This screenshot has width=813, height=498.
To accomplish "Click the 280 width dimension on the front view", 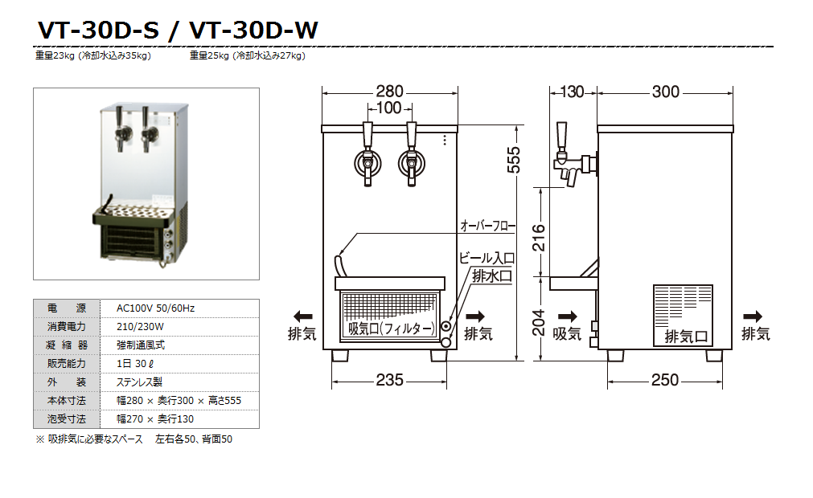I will tap(389, 92).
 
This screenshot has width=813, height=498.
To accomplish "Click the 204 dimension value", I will tap(539, 323).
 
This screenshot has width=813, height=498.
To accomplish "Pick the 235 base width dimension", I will tap(389, 380).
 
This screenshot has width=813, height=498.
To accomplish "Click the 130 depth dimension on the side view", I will tap(571, 92).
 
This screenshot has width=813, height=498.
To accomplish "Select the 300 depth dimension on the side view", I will tap(666, 92).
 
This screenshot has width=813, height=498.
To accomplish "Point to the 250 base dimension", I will tap(665, 380).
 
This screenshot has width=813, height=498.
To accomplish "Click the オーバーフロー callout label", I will tap(487, 227).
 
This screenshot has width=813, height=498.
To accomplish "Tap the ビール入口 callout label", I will tap(487, 259).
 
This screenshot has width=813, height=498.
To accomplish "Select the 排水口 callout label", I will tap(491, 276).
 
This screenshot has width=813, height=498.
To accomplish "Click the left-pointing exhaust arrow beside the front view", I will tap(302, 316).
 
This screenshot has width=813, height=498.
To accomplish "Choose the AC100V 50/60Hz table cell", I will tap(155, 308).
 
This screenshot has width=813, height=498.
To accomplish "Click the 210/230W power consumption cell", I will tap(141, 327).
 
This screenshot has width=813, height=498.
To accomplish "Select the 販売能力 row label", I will tap(66, 364).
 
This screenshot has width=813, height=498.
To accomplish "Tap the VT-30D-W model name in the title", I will tap(253, 30).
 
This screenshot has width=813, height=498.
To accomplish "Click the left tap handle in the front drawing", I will tap(367, 133).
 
